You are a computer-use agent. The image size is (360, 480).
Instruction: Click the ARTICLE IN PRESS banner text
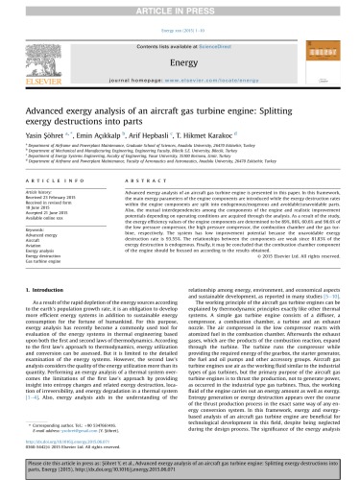[180, 6]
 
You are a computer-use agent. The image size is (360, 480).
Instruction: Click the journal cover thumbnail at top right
[327, 50]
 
